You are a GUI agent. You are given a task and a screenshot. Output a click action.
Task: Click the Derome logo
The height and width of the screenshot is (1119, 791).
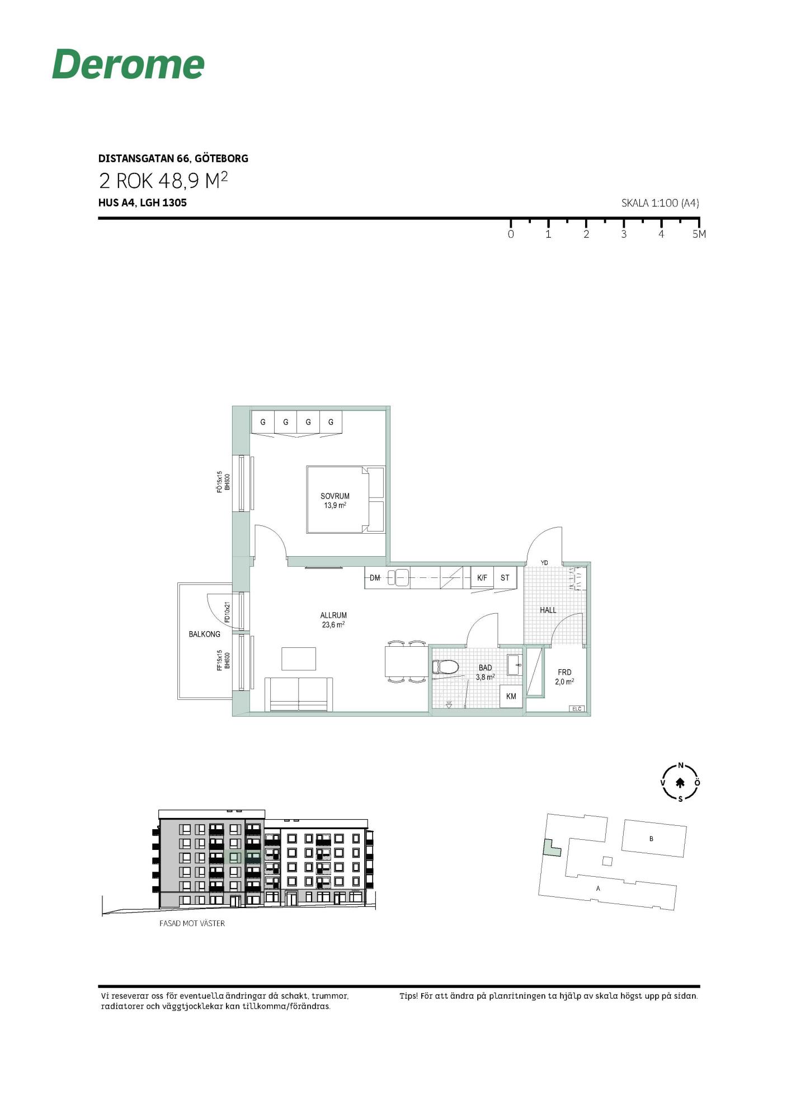tap(128, 64)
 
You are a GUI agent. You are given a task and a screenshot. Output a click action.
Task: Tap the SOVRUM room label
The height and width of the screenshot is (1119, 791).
tap(335, 496)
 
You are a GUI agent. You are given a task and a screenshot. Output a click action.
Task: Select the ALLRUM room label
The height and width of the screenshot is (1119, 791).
tap(333, 615)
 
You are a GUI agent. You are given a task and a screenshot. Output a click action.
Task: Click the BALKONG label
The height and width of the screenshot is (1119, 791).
tap(204, 634)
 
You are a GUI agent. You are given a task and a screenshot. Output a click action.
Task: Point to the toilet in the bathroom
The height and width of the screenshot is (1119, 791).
tap(445, 666)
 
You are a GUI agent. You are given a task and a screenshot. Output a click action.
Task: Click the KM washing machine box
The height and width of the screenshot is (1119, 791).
tap(511, 697)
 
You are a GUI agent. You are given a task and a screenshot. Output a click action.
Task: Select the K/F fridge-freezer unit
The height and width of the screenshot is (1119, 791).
tap(482, 577)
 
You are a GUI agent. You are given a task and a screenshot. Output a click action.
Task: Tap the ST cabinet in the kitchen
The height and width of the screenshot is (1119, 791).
tap(505, 577)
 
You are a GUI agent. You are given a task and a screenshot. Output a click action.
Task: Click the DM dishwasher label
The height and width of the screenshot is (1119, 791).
tap(375, 578)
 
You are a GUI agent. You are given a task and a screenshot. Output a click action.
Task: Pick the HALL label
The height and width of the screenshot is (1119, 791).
tap(548, 610)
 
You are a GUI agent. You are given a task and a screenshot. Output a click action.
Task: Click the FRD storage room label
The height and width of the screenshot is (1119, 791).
tap(564, 673)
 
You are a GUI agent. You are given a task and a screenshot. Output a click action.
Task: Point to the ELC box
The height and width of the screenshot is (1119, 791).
tap(577, 709)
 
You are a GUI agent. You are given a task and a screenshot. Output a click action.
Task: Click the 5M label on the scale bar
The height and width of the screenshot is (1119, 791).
tap(699, 234)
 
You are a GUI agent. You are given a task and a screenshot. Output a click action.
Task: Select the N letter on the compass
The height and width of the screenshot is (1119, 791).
tap(681, 765)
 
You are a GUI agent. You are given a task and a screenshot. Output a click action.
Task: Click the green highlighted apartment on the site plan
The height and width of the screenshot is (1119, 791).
tap(552, 848)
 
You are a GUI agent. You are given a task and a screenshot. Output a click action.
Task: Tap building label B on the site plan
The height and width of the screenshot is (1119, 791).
tap(651, 839)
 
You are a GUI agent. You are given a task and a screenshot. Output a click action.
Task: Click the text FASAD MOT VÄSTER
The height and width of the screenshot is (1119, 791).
tap(192, 923)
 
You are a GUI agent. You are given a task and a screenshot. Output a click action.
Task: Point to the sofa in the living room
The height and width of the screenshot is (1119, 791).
tap(299, 694)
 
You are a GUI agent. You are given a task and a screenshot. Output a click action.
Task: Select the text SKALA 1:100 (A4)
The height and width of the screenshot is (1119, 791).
tap(660, 203)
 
